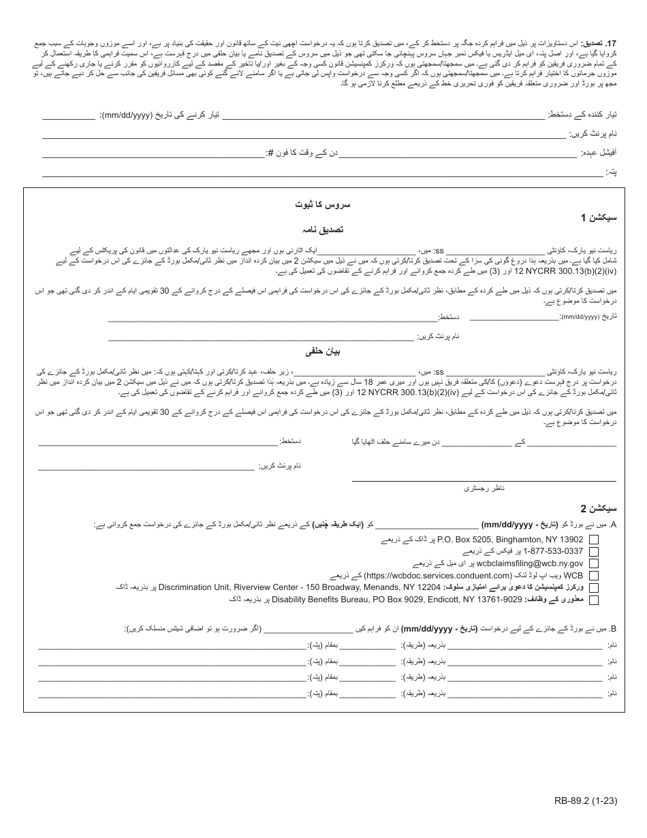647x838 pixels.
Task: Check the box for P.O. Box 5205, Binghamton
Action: [594, 539]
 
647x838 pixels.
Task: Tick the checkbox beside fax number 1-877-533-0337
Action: [594, 551]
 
